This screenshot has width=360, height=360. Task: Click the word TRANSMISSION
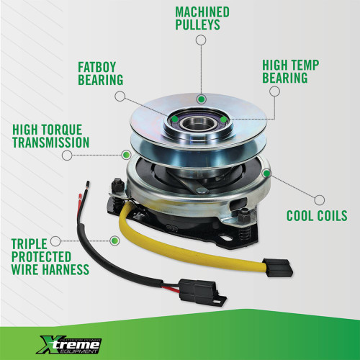(50, 143)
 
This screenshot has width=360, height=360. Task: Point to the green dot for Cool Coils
(266, 173)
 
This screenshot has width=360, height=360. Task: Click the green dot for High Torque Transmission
(125, 154)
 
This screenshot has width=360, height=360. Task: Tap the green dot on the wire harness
(114, 239)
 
